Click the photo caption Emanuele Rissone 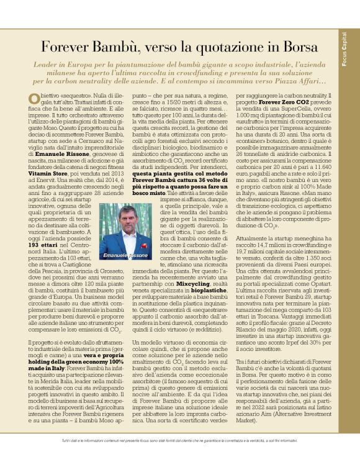click(126, 255)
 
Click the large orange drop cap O click(35, 100)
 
